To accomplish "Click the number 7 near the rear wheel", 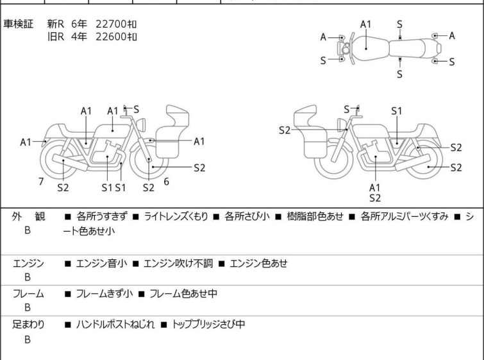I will (x=41, y=182).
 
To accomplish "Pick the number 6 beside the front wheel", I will (x=166, y=182).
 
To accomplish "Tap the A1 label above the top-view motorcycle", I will (x=365, y=24).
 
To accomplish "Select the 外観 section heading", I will (x=29, y=217).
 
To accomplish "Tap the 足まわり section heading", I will (x=29, y=325).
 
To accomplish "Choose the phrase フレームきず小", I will (x=104, y=294).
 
